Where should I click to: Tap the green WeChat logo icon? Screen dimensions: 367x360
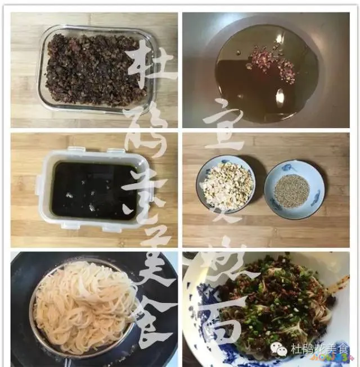pos(279,349)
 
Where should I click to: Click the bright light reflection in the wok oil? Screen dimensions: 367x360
pos(280,96)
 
